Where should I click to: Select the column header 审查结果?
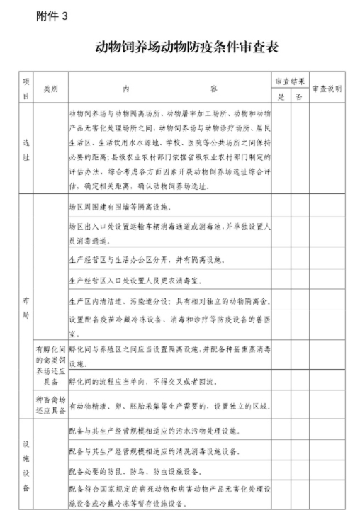point(290,81)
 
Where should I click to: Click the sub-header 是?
point(281,97)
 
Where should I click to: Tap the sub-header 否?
point(299,97)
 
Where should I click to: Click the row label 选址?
point(26,149)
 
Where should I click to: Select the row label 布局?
point(26,302)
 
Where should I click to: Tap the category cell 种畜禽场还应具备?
point(50,405)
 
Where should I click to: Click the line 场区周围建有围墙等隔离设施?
point(118,208)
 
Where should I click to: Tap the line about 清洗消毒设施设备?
point(153,451)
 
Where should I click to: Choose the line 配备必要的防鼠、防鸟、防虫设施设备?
point(140,470)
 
